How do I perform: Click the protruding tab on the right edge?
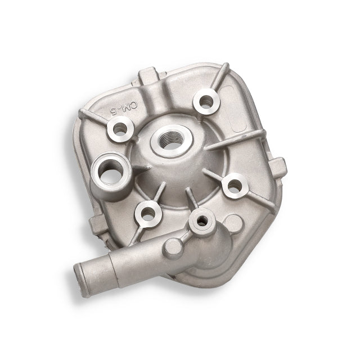[280, 166]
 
